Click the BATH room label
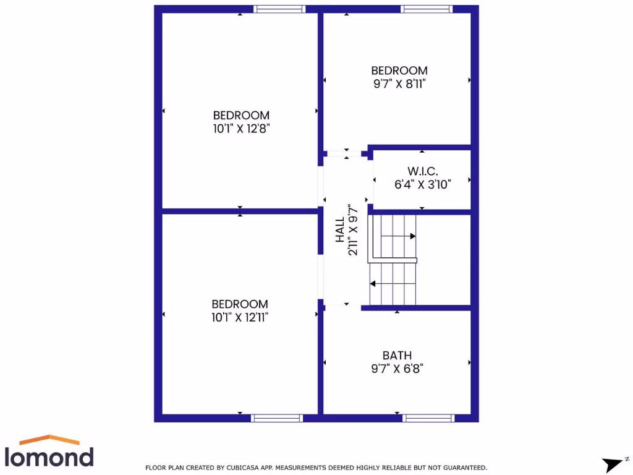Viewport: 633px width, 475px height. click(x=397, y=356)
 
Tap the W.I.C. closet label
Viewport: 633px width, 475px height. click(x=423, y=171)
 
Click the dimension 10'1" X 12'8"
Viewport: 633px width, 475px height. click(x=241, y=129)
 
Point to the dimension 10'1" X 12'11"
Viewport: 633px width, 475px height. click(x=240, y=317)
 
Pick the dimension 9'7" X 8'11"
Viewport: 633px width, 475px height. click(x=399, y=84)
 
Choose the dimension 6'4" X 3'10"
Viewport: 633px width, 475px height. click(x=423, y=184)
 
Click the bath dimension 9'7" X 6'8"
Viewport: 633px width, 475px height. click(x=397, y=369)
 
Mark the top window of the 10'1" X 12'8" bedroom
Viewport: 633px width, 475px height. click(x=279, y=9)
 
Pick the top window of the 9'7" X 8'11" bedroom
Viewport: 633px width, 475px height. click(x=427, y=9)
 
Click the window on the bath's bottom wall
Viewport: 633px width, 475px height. click(x=428, y=418)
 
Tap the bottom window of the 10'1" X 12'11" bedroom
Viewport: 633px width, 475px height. click(x=277, y=418)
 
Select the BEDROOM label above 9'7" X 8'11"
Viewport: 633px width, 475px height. click(x=399, y=71)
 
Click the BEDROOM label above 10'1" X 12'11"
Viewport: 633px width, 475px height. click(x=240, y=304)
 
